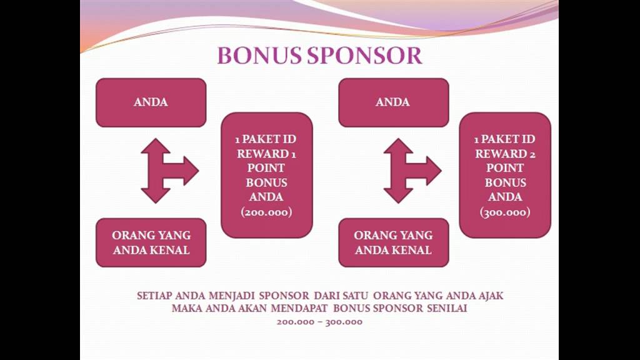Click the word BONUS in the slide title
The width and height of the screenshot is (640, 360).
[261, 56]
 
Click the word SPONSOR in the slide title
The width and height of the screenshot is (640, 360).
[365, 56]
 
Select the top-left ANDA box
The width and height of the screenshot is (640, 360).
[151, 102]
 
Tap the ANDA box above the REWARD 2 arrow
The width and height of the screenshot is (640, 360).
[394, 102]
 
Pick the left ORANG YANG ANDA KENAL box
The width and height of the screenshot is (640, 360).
[151, 242]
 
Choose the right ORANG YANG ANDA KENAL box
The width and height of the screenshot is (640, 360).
[394, 242]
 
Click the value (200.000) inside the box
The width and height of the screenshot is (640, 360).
[266, 212]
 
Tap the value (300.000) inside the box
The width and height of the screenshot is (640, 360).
[505, 212]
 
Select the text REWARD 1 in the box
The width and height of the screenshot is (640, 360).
[266, 154]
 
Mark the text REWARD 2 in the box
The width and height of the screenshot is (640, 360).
[505, 154]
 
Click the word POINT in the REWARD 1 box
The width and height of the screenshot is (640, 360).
[266, 168]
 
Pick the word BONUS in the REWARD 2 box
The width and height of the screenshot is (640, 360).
[505, 182]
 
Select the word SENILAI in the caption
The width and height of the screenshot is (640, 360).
[447, 308]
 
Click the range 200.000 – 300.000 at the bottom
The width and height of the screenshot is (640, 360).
[319, 322]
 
